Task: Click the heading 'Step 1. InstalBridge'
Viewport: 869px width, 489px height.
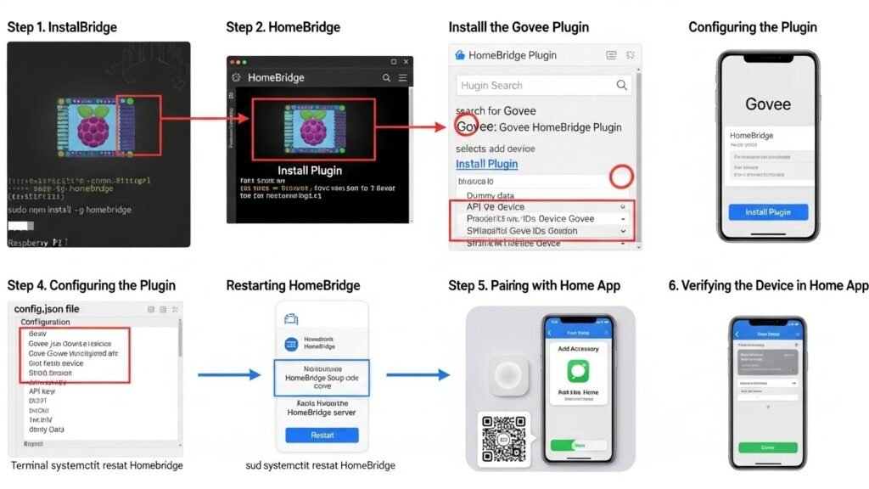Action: click(x=62, y=27)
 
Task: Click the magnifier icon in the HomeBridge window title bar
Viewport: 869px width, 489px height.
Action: click(x=387, y=77)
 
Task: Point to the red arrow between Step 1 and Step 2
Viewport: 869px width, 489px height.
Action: click(x=209, y=118)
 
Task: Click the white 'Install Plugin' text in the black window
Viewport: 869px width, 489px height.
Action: click(x=310, y=170)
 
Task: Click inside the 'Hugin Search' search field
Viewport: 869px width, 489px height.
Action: click(x=535, y=85)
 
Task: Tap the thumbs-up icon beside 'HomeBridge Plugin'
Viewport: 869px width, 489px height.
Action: click(x=461, y=55)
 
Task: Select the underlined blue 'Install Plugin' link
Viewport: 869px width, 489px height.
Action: click(x=486, y=164)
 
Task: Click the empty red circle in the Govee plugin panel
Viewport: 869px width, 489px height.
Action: click(x=622, y=177)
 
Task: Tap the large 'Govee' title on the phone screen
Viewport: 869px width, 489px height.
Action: click(x=767, y=105)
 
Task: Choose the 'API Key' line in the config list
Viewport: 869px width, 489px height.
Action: click(x=42, y=391)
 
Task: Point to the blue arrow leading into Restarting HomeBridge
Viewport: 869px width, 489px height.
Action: click(x=229, y=374)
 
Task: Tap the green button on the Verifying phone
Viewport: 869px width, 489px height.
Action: click(x=767, y=447)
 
